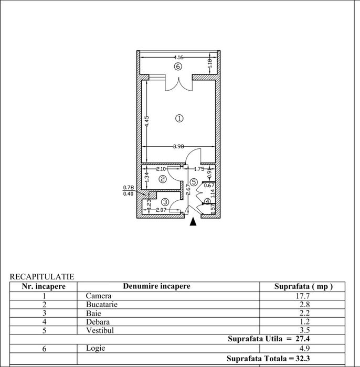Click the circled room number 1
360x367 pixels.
point(179,118)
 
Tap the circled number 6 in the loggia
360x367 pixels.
point(178,67)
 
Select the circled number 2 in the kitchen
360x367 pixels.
point(163,179)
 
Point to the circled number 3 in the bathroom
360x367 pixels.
point(165,202)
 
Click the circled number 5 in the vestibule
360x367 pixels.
point(194,182)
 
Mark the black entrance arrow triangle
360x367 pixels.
point(193,222)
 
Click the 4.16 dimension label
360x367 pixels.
point(178,57)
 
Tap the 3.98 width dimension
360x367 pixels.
point(178,146)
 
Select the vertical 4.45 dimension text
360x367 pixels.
point(146,121)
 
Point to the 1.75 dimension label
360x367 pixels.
point(199,169)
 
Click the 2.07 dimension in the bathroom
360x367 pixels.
point(161,210)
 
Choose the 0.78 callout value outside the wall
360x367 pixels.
point(129,188)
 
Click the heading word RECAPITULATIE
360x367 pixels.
point(42,277)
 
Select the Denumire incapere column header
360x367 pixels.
point(157,286)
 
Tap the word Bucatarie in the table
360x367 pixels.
point(102,305)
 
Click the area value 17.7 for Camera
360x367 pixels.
point(303,296)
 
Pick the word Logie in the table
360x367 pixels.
point(96,348)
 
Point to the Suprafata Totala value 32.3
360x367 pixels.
point(303,359)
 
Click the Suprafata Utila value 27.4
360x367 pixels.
point(303,339)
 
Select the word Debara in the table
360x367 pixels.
point(98,322)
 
